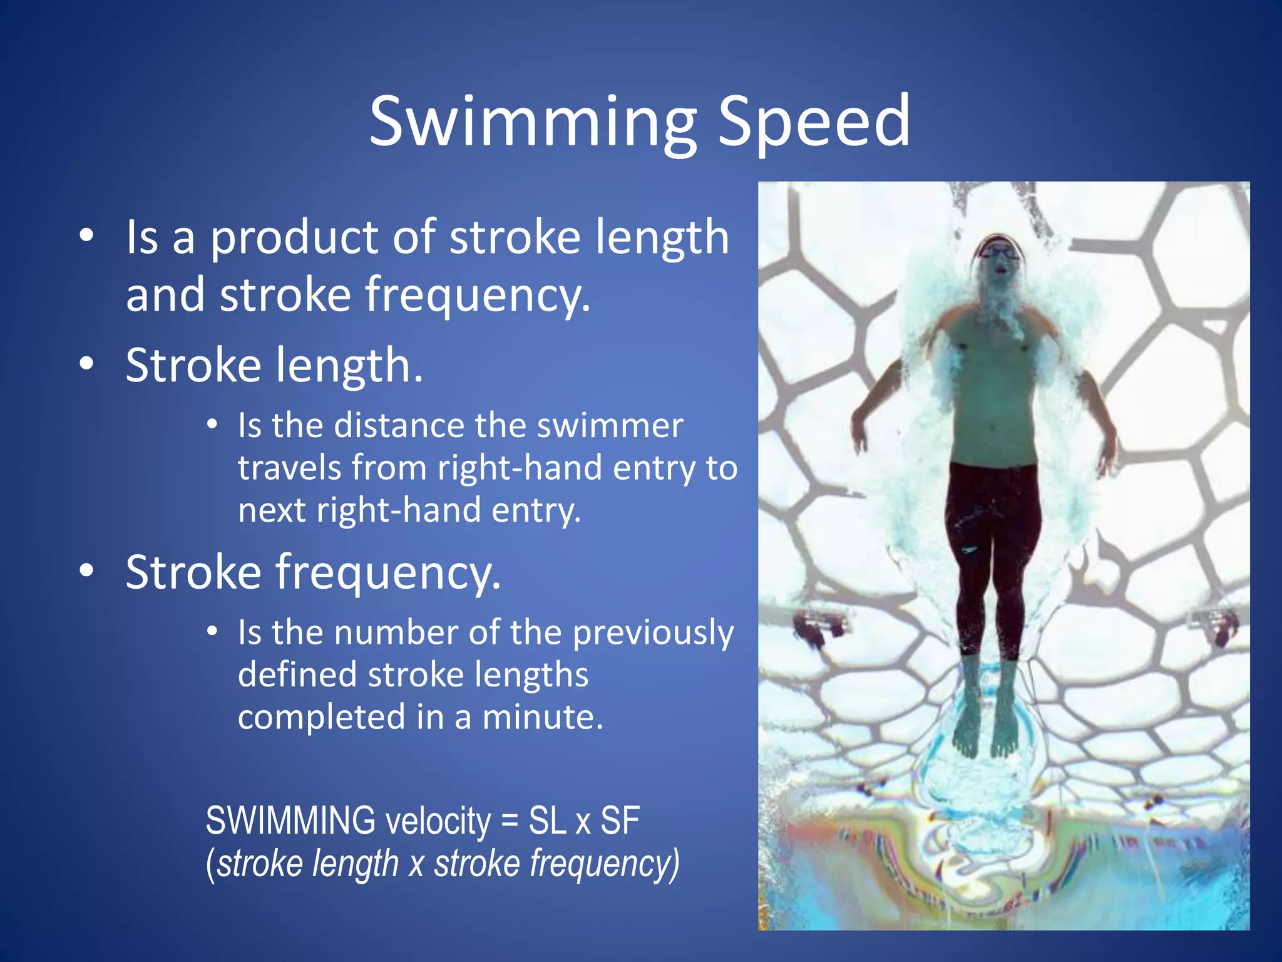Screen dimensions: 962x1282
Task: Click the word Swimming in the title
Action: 533,122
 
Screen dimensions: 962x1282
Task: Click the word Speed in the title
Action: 814,122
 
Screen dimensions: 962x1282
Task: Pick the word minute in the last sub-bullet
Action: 542,717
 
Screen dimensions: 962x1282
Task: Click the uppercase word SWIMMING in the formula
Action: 290,821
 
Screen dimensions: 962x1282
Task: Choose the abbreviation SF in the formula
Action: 620,821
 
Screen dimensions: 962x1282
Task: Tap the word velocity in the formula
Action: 438,821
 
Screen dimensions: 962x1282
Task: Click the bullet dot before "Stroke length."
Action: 87,363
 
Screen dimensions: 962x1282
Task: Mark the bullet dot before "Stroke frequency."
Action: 87,570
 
